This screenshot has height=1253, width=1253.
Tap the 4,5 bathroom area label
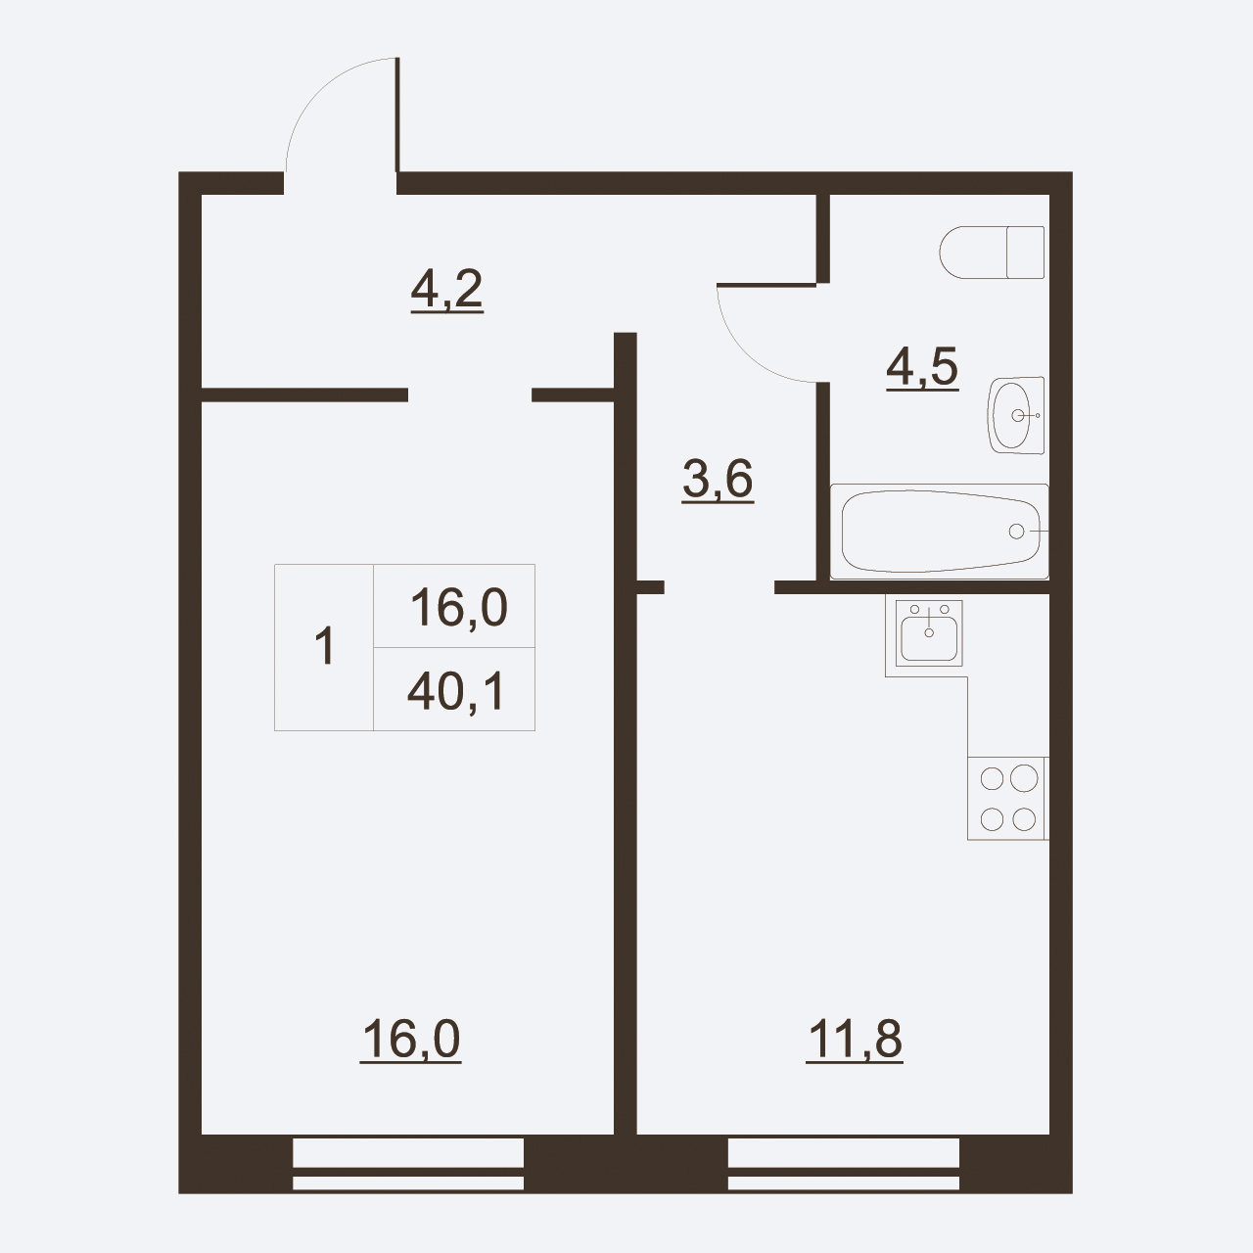[922, 368]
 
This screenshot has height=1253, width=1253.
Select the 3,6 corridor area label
[718, 480]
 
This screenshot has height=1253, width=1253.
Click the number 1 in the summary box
[324, 646]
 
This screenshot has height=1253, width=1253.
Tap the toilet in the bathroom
[992, 253]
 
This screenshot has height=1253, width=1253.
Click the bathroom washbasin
[1016, 415]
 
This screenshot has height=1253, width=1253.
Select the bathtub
[940, 532]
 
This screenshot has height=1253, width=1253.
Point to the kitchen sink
[929, 633]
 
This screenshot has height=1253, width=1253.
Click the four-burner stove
[1007, 799]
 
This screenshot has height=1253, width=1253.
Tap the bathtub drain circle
[1016, 532]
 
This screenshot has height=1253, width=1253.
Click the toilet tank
[1026, 253]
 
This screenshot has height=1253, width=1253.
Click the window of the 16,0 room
[408, 1173]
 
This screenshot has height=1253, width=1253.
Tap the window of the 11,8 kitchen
[844, 1173]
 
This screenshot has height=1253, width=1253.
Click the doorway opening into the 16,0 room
[470, 394]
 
